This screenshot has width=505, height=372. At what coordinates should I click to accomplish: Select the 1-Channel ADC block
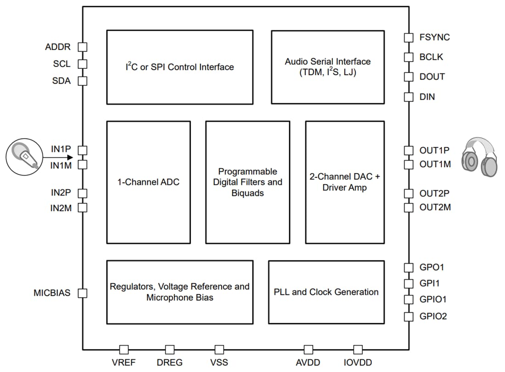pyautogui.click(x=148, y=182)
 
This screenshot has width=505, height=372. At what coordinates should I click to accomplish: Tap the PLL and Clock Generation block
pyautogui.click(x=326, y=292)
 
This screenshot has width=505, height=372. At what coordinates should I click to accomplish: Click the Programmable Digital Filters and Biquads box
pyautogui.click(x=247, y=182)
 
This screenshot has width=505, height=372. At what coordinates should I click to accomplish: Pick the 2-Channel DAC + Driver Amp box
pyautogui.click(x=345, y=182)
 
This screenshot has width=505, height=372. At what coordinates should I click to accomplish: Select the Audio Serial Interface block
pyautogui.click(x=327, y=67)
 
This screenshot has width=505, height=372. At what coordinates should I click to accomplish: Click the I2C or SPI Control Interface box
pyautogui.click(x=180, y=67)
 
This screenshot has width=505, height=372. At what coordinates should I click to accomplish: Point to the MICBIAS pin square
pyautogui.click(x=83, y=293)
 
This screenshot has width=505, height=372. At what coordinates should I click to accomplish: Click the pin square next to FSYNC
pyautogui.click(x=408, y=37)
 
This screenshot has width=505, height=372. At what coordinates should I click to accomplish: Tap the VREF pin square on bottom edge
pyautogui.click(x=123, y=350)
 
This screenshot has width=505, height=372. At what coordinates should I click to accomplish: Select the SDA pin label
pyautogui.click(x=62, y=81)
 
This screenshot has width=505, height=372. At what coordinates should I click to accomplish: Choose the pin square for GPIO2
pyautogui.click(x=408, y=316)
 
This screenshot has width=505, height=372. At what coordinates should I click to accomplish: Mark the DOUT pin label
pyautogui.click(x=432, y=77)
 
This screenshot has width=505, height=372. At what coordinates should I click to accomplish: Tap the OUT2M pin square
pyautogui.click(x=408, y=208)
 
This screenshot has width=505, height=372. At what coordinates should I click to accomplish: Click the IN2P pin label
pyautogui.click(x=61, y=193)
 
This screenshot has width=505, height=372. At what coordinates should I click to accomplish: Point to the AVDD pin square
pyautogui.click(x=309, y=350)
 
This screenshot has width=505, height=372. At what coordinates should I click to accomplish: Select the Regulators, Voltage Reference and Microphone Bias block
pyautogui.click(x=180, y=292)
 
